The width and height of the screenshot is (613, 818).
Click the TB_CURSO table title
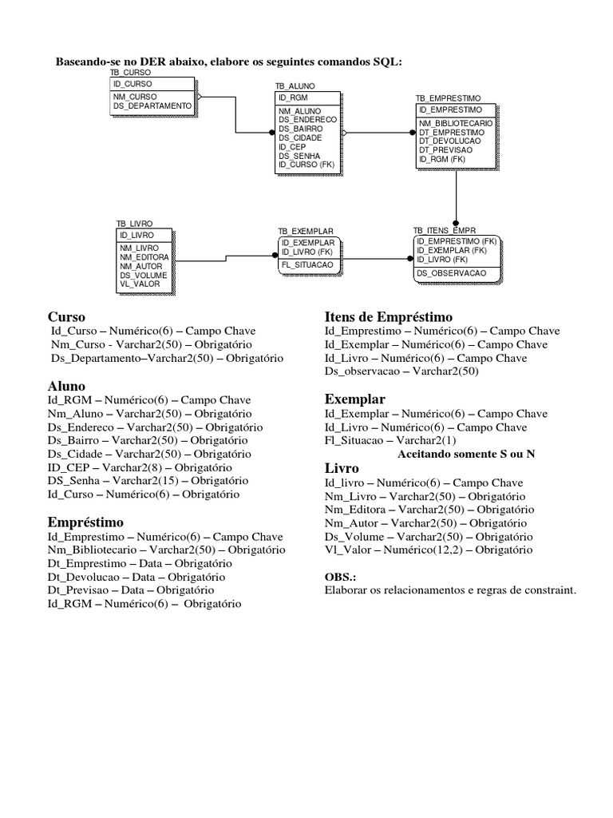click(x=130, y=72)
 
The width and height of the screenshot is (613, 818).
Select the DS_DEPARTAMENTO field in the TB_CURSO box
click(x=152, y=105)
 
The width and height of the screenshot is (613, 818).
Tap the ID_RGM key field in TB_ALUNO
click(x=288, y=97)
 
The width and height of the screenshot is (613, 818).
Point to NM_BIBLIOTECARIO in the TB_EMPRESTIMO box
click(x=456, y=124)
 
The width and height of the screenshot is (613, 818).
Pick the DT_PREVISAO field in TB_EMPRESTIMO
click(x=445, y=150)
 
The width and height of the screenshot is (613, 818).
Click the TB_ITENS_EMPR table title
click(x=445, y=230)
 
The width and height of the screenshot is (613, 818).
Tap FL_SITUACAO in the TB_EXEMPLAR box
click(x=307, y=264)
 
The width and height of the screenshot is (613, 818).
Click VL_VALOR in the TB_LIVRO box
click(x=139, y=284)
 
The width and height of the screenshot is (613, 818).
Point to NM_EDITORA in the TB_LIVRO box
click(x=144, y=257)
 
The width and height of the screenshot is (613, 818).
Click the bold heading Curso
click(x=66, y=316)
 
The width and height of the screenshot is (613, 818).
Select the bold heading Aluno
click(x=67, y=386)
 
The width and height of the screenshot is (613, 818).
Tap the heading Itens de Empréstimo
click(x=388, y=316)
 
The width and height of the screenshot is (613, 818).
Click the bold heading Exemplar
click(x=355, y=399)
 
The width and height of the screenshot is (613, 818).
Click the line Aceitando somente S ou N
click(x=465, y=454)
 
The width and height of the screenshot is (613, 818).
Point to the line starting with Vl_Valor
click(x=428, y=550)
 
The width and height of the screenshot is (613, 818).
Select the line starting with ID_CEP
click(x=140, y=467)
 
